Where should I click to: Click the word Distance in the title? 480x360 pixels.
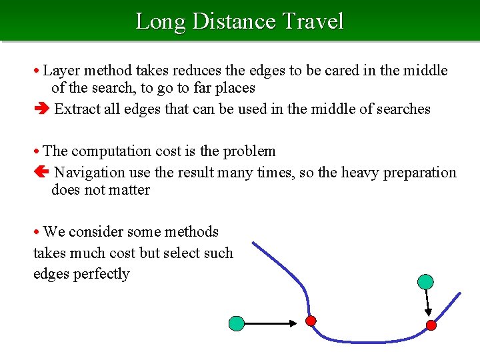(x=233, y=21)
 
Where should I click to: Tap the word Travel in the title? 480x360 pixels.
(x=313, y=21)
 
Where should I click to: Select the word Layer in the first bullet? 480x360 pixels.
(x=61, y=71)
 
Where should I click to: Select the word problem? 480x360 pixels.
(x=251, y=151)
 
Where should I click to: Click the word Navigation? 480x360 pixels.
(x=89, y=173)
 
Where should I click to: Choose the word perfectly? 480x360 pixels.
(x=102, y=274)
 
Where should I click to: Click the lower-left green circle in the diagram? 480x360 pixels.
(x=237, y=324)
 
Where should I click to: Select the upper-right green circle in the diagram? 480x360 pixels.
(x=424, y=282)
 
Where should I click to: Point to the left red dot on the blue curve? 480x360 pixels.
(x=310, y=321)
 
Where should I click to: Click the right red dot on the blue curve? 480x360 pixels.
(x=431, y=325)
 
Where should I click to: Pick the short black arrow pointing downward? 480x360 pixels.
(x=428, y=304)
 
